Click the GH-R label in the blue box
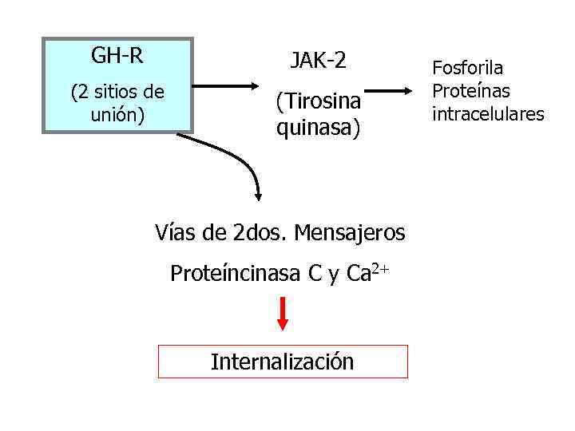pos(117,57)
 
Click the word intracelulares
pos(487,114)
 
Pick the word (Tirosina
pos(319,102)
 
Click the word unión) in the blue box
pos(117,115)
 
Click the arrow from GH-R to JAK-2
pos(224,85)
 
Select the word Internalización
pos(282,362)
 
